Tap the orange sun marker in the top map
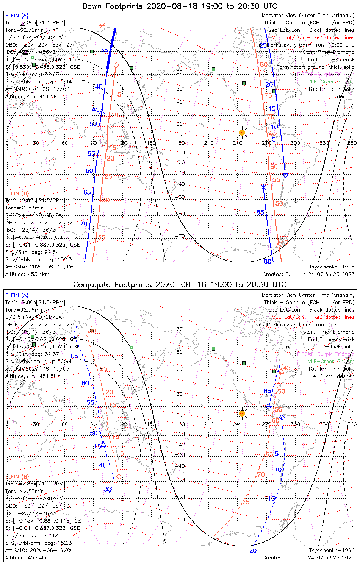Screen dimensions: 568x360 (x=242, y=132)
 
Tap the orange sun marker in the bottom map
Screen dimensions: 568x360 (x=242, y=413)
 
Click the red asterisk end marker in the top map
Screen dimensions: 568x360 (x=102, y=26)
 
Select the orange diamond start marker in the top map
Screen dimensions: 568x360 (x=116, y=66)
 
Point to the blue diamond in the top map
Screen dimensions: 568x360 (x=285, y=175)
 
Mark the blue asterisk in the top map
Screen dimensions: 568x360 (x=264, y=187)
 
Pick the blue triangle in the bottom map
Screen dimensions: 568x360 (x=103, y=444)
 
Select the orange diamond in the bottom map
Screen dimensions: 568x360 (x=119, y=476)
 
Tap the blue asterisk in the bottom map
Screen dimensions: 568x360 (x=269, y=406)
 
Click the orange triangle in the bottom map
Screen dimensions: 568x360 (x=281, y=371)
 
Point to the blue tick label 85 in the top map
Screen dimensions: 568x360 (x=260, y=212)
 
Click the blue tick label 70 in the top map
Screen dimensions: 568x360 (x=84, y=224)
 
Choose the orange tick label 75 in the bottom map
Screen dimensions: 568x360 (x=246, y=502)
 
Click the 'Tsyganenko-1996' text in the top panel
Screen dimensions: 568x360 (x=332, y=267)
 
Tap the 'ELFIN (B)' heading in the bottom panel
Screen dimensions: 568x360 (x=17, y=476)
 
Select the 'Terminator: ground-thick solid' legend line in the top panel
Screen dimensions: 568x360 (x=316, y=67)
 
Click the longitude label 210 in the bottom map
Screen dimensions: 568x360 (x=209, y=424)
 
